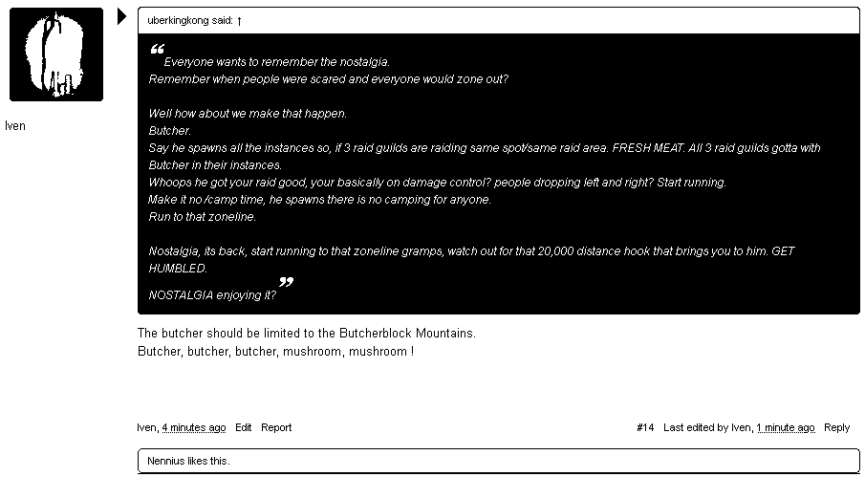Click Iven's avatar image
56,54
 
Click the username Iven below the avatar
15,126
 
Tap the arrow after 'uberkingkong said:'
239,20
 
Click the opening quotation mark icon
158,50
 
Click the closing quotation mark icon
285,283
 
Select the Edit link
244,427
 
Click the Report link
276,427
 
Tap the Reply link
836,427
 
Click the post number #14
645,427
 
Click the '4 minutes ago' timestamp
194,427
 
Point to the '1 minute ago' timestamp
786,427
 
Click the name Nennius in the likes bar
165,461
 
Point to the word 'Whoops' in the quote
168,183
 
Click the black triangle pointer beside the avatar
121,16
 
